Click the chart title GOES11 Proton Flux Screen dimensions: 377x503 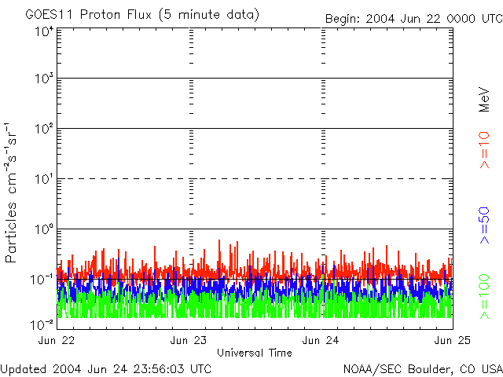[x=141, y=15]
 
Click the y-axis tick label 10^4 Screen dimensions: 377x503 [x=43, y=31]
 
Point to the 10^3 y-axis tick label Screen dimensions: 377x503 [x=43, y=79]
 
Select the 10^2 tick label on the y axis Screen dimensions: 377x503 [x=43, y=129]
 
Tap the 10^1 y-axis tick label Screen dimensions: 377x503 [x=43, y=179]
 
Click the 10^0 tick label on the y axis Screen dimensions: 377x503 [x=43, y=229]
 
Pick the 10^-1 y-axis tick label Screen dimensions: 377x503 [x=42, y=279]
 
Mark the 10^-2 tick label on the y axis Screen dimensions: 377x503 [x=42, y=323]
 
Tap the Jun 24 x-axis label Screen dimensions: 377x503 [x=322, y=340]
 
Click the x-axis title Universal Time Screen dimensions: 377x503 [x=255, y=353]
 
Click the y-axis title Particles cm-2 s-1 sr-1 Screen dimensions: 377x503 [x=12, y=192]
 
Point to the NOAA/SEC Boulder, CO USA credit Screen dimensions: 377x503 [x=423, y=368]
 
